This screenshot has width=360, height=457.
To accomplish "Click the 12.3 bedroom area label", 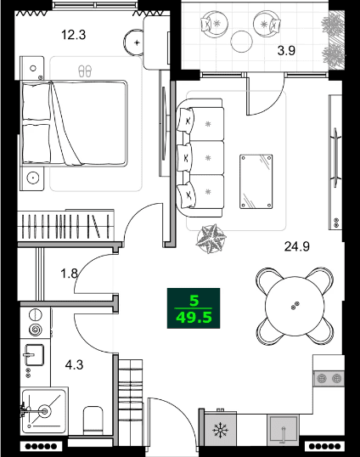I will [x=74, y=35].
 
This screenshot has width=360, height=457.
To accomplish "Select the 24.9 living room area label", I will [x=296, y=247].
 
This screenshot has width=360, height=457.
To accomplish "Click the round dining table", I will [x=294, y=305].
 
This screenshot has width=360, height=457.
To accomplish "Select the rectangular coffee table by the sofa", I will [x=256, y=180].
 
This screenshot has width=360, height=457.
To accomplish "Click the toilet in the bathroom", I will [x=93, y=420].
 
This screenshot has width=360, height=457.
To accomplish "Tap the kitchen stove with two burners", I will [x=329, y=377].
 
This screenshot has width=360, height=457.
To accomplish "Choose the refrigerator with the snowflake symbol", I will [x=219, y=431].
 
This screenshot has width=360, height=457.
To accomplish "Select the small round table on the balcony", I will [x=243, y=39].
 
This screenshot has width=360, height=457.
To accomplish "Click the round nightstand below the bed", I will [x=34, y=178].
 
